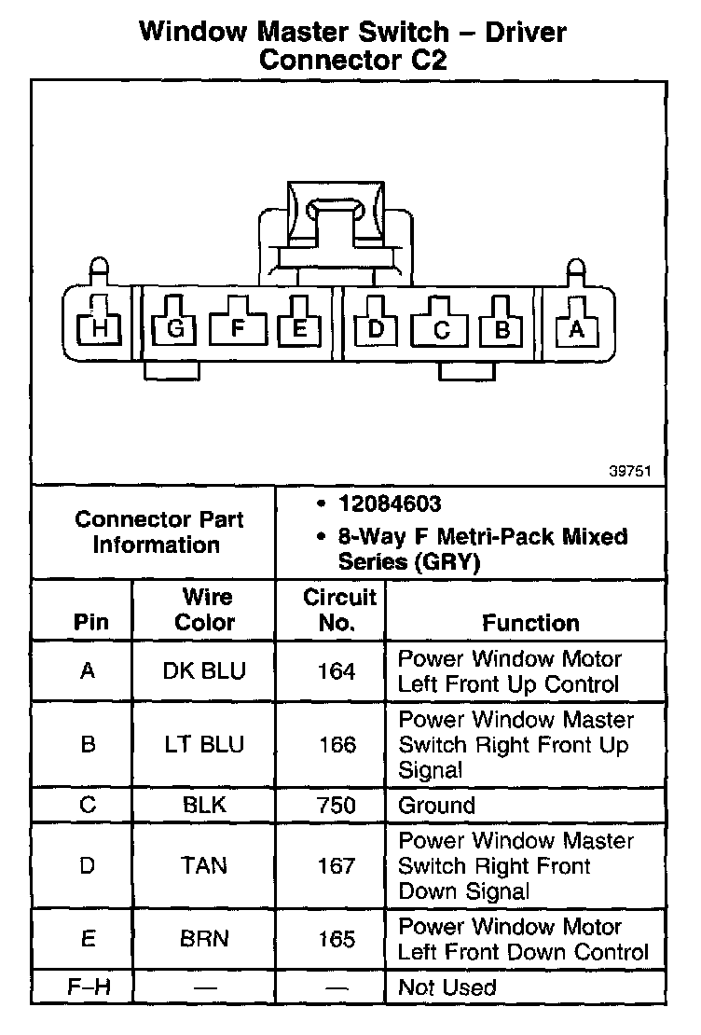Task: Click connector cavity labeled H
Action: pyautogui.click(x=99, y=327)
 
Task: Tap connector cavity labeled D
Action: pyautogui.click(x=376, y=327)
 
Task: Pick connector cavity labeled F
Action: pyautogui.click(x=237, y=327)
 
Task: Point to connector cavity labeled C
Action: pyautogui.click(x=442, y=328)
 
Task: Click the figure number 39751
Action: pyautogui.click(x=631, y=472)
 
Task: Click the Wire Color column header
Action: pyautogui.click(x=206, y=610)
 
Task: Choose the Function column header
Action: pyautogui.click(x=530, y=623)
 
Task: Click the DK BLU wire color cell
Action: pyautogui.click(x=205, y=671)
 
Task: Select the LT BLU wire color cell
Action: pyautogui.click(x=205, y=744)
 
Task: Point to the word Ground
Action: pyautogui.click(x=436, y=805)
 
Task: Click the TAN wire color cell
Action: pyautogui.click(x=205, y=865)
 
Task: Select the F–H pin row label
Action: pyautogui.click(x=88, y=987)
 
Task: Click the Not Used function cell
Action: pyautogui.click(x=447, y=987)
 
